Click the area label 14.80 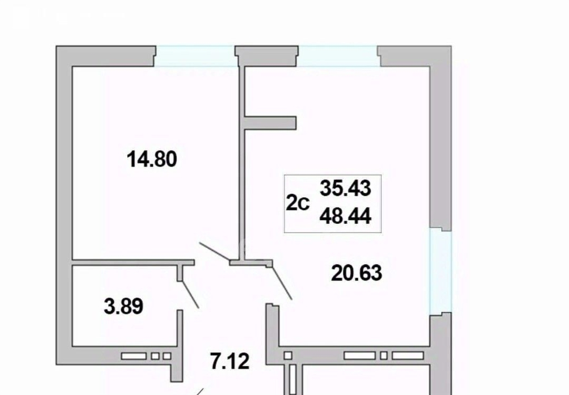pos(152,159)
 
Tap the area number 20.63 pos(357,273)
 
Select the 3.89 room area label pos(124,306)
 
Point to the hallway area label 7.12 pos(230,361)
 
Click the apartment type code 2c pos(298,203)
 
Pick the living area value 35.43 pos(346,188)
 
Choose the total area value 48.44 pos(346,217)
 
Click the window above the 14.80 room pos(196,56)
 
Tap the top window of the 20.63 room pos(338,56)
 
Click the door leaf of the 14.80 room pos(215,252)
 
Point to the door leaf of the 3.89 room pos(190,294)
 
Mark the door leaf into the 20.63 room pos(282,283)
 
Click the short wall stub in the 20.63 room pos(271,123)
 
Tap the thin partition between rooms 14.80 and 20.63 pos(241,163)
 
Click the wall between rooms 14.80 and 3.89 pos(133,263)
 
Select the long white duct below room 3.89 pos(133,356)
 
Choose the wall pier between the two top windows pos(267,56)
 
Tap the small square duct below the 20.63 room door pos(288,356)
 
